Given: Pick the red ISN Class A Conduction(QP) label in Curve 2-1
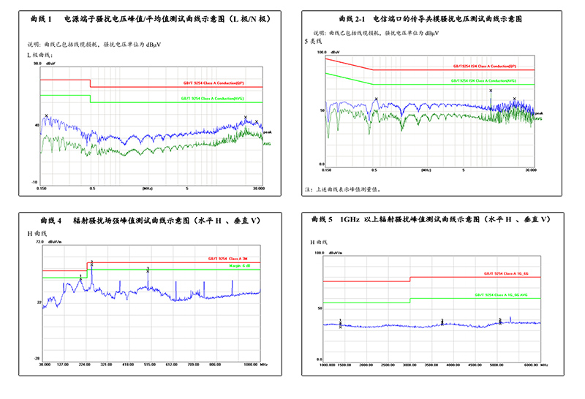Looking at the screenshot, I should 484,66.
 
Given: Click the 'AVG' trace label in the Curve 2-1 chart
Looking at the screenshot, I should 537,118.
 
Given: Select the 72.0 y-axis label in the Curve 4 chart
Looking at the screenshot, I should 33,240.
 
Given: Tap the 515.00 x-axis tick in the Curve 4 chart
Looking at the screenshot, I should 150,364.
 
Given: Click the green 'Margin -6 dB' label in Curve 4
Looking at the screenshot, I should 238,266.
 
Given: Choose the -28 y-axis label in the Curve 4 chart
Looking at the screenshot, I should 34,359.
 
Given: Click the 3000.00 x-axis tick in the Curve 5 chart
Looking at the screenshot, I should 409,365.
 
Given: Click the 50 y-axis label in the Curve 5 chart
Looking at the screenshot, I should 320,308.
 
